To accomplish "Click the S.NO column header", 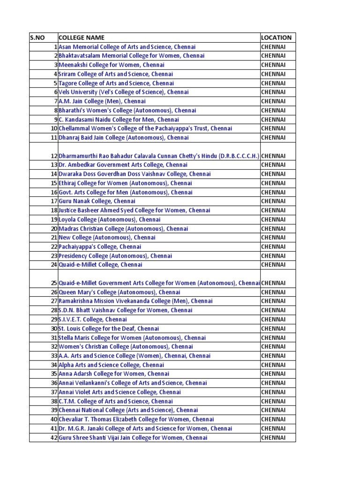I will tap(37, 37).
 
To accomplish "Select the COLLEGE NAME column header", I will tap(82, 37).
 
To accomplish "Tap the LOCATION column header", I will tap(276, 37).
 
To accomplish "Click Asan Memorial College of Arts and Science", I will tap(127, 47).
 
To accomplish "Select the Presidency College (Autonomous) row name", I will tap(115, 256).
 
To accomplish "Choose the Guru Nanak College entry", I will tap(97, 201).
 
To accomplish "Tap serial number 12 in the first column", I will tap(53, 156).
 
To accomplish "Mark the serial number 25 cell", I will tap(53, 283).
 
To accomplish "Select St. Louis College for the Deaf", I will tap(109, 329).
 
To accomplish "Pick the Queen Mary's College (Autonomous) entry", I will tap(120, 292).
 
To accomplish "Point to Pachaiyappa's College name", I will tap(100, 247).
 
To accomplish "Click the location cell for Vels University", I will tap(273, 92).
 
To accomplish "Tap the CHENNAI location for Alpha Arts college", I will tap(273, 365).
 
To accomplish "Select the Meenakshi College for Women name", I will tap(111, 65).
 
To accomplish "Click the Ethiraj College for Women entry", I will tap(125, 183).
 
